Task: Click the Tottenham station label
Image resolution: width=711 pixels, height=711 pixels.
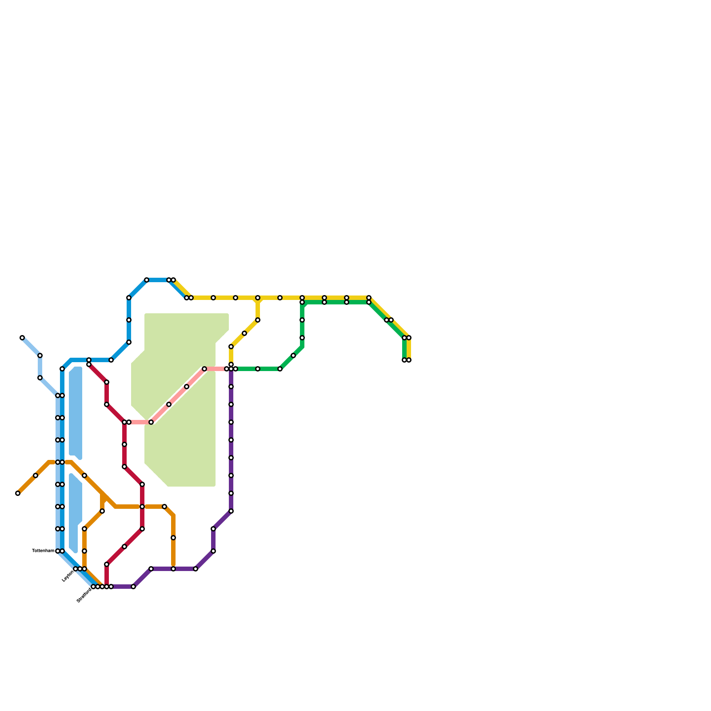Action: [x=43, y=551]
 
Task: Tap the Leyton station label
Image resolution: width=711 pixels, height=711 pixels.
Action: [x=68, y=576]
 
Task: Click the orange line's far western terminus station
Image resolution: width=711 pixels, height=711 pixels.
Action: [x=18, y=493]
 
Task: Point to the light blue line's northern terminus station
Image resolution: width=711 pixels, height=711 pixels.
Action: [x=22, y=338]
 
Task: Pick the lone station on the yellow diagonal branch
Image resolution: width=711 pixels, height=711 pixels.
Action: [x=244, y=333]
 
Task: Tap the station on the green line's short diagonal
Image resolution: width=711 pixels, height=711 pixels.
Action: [x=293, y=355]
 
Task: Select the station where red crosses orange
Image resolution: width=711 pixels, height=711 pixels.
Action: [x=142, y=507]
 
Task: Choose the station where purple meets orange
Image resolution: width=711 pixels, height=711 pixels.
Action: [x=173, y=569]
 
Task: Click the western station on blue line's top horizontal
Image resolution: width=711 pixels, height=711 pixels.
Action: [x=147, y=280]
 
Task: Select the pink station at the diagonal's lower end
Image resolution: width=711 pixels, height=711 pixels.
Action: [x=151, y=422]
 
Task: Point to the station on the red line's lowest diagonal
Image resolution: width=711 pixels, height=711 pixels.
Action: [x=124, y=547]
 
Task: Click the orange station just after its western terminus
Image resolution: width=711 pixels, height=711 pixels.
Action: [x=36, y=475]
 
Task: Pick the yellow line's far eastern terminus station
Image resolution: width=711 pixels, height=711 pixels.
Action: [x=409, y=360]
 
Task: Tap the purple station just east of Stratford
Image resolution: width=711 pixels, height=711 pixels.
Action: [x=133, y=587]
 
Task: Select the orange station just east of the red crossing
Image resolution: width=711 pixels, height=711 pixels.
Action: [x=164, y=507]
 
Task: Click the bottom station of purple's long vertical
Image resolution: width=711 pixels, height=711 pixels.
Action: [x=231, y=511]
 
